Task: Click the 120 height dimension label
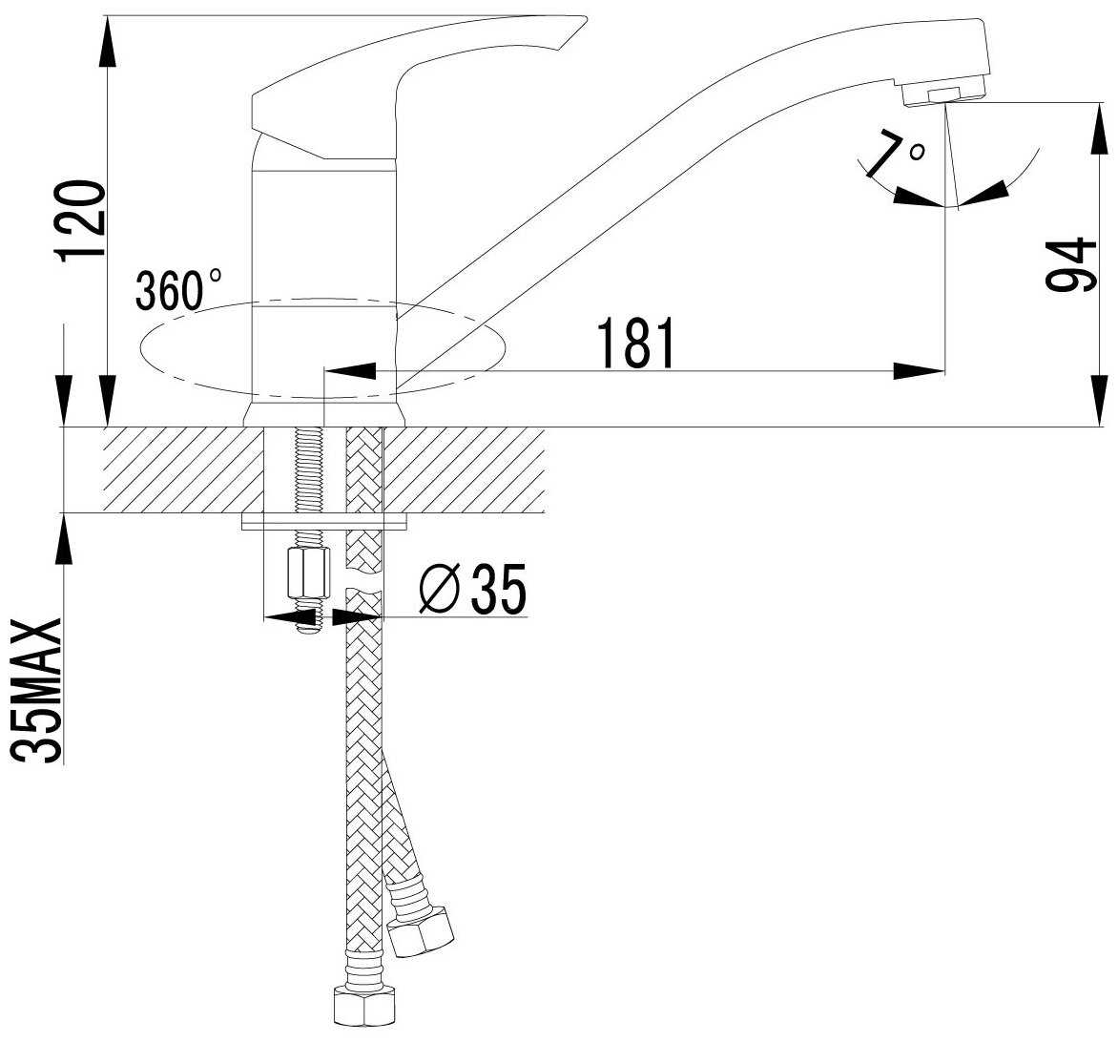pos(81,221)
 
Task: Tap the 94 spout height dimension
pos(1070,264)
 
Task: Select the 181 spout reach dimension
pos(635,344)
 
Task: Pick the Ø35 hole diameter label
pos(473,589)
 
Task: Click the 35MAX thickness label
pos(37,691)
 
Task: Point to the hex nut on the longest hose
pos(364,1005)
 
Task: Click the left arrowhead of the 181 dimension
pos(350,371)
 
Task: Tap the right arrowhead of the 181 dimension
pos(919,371)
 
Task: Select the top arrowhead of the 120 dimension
pos(106,41)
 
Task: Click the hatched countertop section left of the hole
pos(183,470)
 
